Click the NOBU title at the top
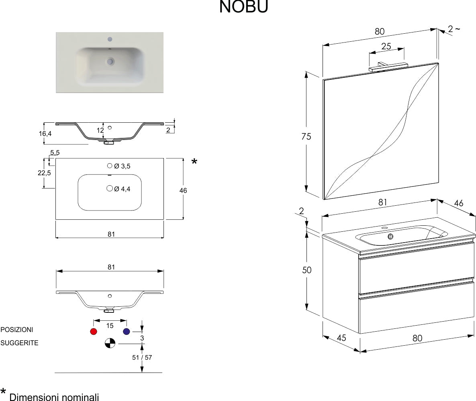coord(243,7)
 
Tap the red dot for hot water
coord(94,332)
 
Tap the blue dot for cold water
coord(127,332)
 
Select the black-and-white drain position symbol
coord(110,343)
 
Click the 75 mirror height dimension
coord(306,136)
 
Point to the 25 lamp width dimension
coord(386,46)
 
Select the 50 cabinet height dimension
coord(306,270)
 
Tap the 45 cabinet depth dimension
coord(341,338)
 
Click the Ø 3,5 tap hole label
coord(122,166)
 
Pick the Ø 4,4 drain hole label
coord(122,189)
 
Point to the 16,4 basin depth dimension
coord(45,134)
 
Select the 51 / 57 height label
coord(142,357)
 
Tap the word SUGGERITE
coord(19,343)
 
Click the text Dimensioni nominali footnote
coord(54,397)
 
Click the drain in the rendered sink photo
coord(110,61)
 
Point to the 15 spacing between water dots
coord(110,326)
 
